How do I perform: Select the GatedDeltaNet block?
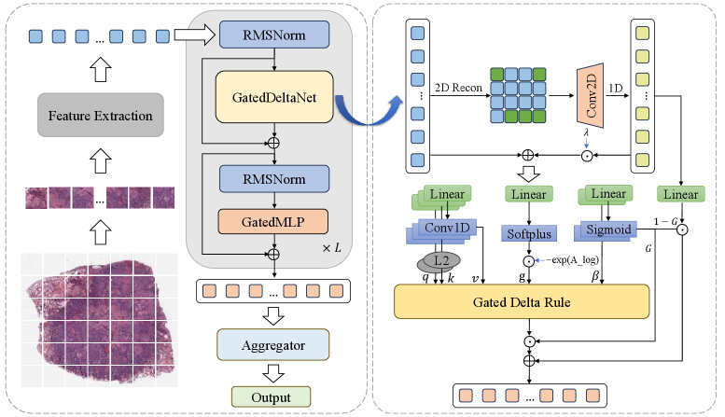[x=274, y=96]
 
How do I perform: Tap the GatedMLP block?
[x=274, y=221]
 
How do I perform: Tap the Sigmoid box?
[x=607, y=229]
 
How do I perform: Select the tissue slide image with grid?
[x=98, y=318]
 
